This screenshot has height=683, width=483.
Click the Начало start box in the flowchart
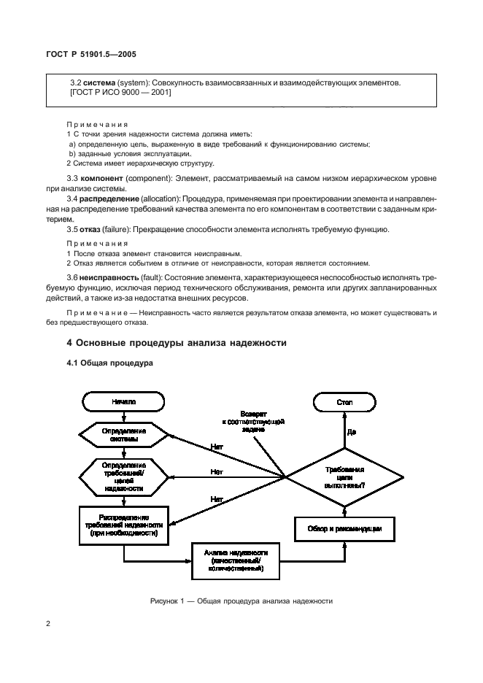coord(123,402)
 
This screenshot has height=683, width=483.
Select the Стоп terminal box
coord(344,402)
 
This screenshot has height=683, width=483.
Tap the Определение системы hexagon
coord(123,436)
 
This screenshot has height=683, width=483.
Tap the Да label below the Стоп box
coord(352,432)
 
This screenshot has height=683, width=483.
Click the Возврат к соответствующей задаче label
coord(253,422)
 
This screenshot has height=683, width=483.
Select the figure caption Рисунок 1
coord(241,601)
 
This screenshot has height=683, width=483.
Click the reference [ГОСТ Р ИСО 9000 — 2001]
coord(120,93)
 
